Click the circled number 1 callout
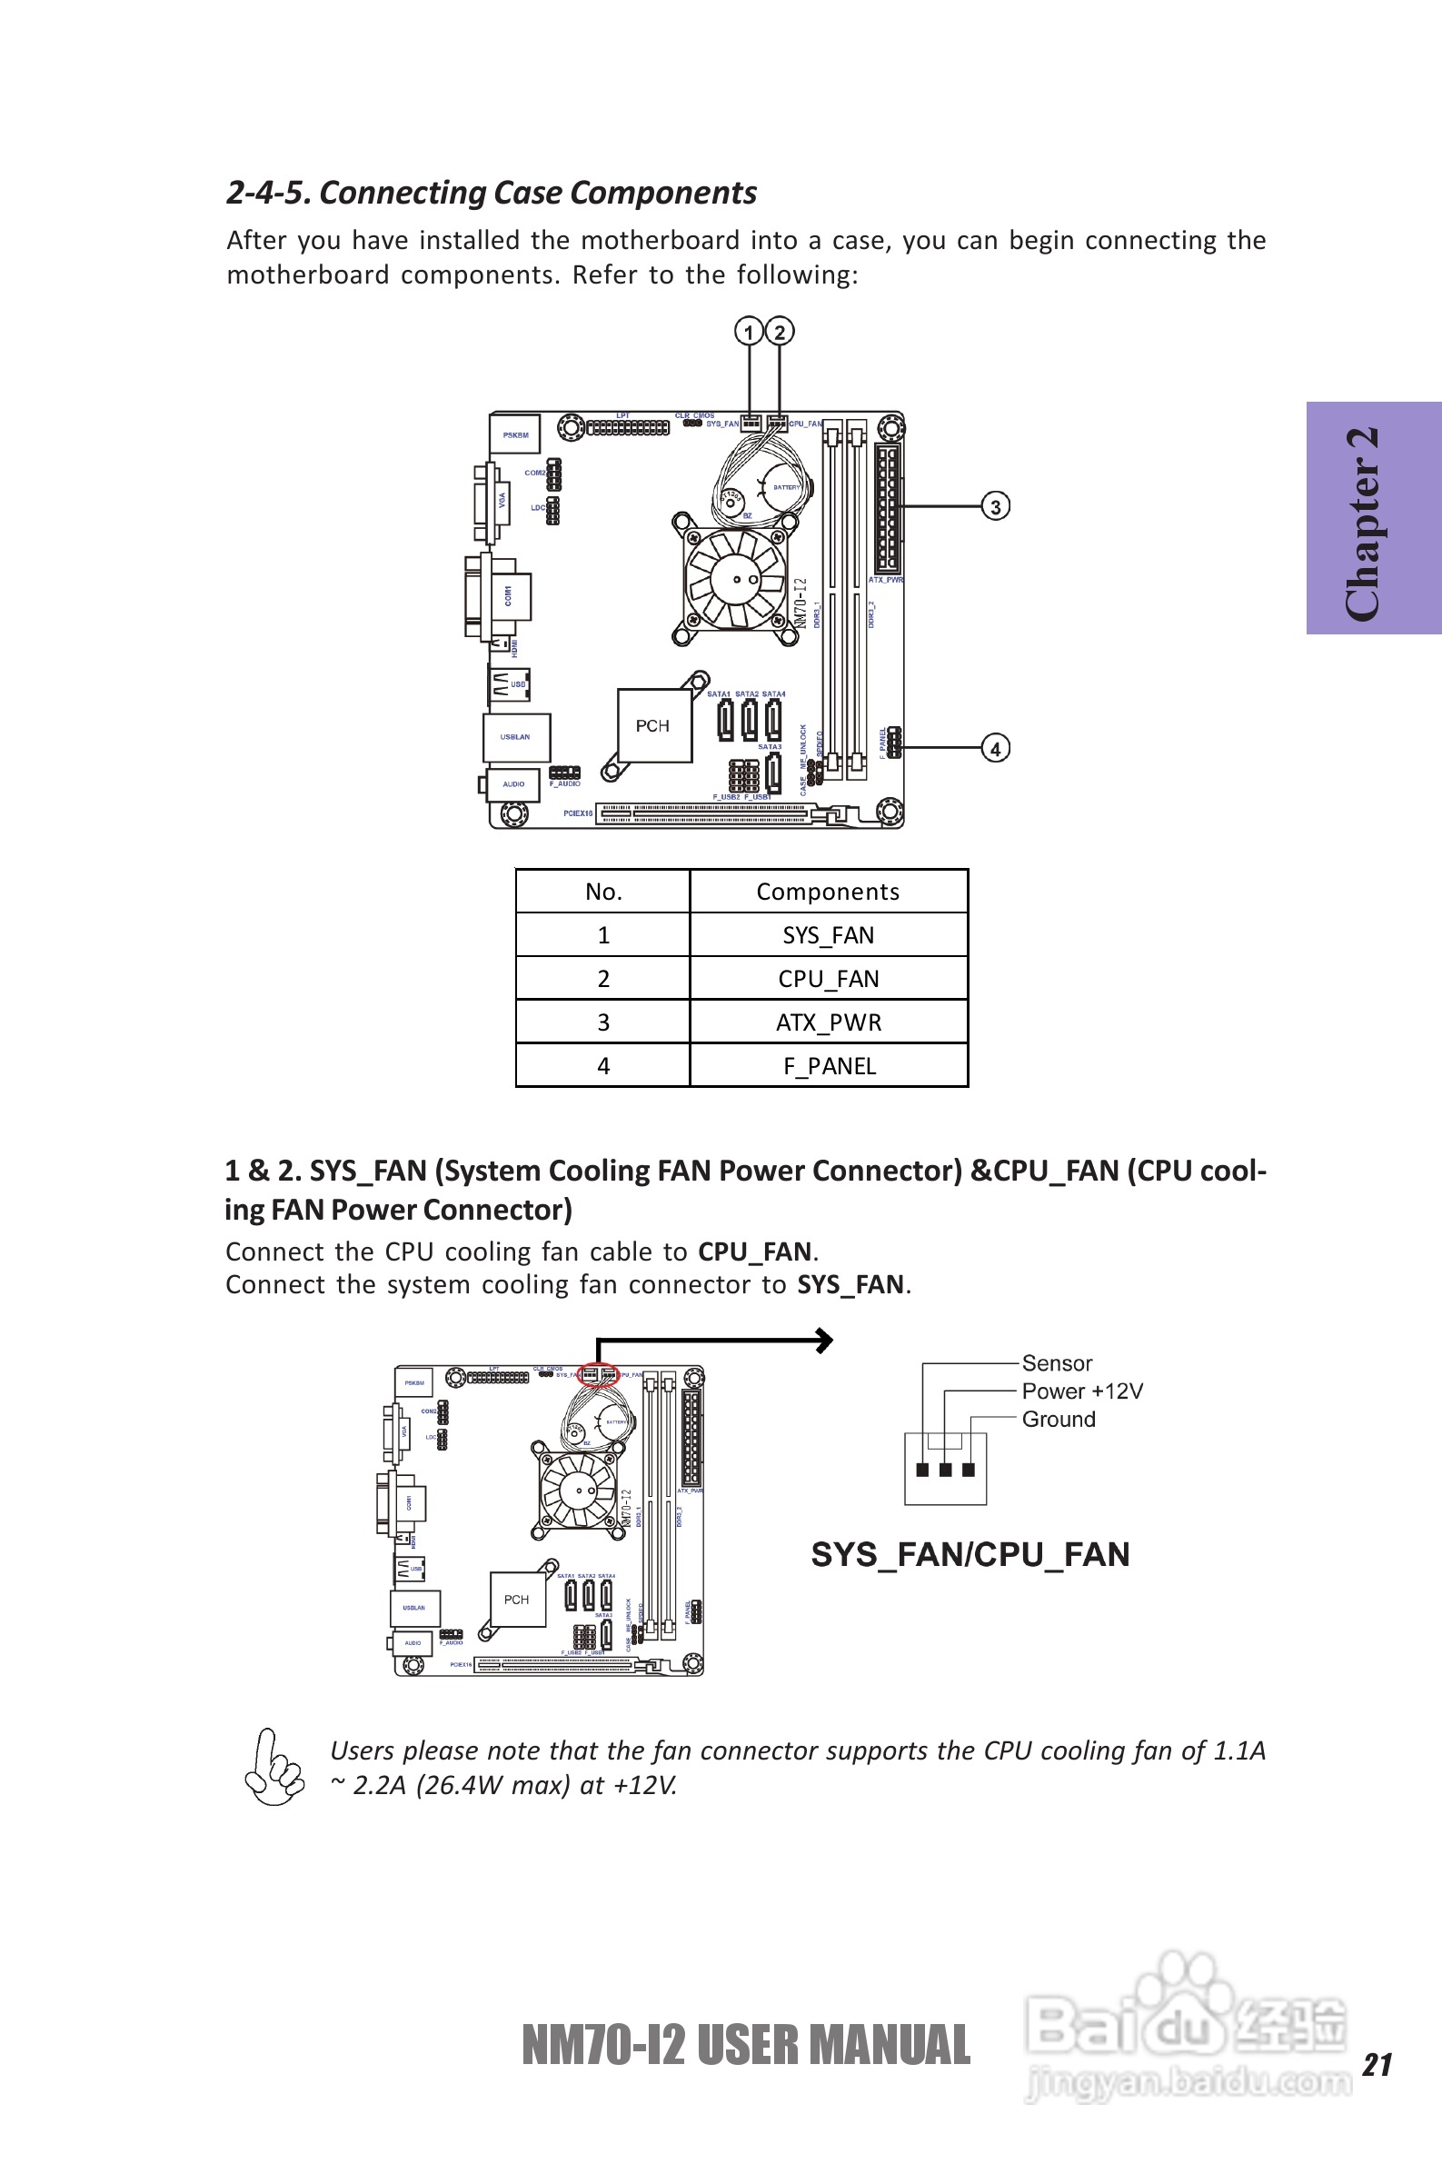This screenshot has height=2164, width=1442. pos(749,332)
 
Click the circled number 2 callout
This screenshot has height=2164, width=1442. pos(780,332)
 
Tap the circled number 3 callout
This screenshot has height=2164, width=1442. pos(995,507)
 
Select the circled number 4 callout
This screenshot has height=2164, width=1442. pos(995,749)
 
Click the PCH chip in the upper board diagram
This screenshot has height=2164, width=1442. pos(653,725)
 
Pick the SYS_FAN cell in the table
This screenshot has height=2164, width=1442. pos(828,935)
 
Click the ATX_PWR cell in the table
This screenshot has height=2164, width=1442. pos(828,1022)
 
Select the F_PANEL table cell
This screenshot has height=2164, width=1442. pos(828,1066)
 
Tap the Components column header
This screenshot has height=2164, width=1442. pos(828,893)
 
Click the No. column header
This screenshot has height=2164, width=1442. pos(603,893)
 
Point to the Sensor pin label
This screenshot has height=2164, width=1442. pos(1057,1363)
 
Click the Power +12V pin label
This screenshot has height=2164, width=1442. pos(1082,1391)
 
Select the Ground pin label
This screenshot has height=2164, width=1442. pos(1059,1419)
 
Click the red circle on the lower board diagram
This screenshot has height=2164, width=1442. pos(597,1375)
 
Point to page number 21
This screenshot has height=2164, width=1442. pos(1377,2064)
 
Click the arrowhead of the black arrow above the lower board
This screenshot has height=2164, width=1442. pos(826,1340)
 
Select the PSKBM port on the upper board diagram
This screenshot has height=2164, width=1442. pos(515,435)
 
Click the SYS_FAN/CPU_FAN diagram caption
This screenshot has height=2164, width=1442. pos(970,1554)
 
